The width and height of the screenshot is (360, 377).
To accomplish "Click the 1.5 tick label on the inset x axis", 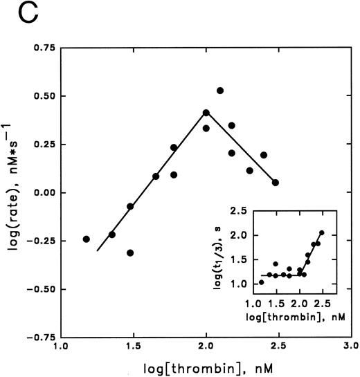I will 277,302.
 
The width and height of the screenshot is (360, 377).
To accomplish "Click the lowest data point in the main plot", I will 130,253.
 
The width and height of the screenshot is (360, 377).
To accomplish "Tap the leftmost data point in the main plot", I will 87,239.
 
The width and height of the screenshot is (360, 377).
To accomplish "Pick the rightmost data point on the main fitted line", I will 276,183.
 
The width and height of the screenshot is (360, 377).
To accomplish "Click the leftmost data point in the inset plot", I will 262,282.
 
